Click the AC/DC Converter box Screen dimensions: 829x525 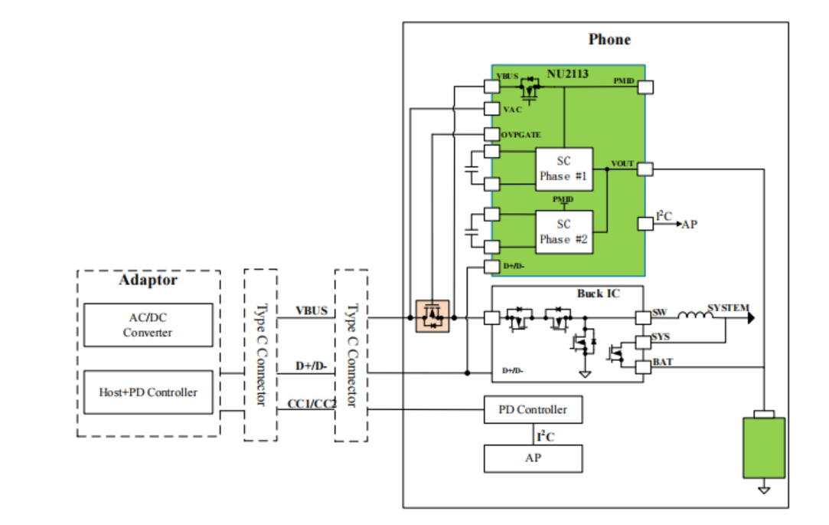148,325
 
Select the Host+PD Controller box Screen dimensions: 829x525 148,392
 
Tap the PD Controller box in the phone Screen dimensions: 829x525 533,409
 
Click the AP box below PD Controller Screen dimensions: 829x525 533,458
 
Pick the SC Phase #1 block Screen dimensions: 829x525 564,169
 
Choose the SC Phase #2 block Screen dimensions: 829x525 564,232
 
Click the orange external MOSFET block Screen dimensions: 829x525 432,317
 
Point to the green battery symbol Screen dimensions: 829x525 764,448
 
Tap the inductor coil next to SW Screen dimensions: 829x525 695,316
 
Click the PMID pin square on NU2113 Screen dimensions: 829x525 645,87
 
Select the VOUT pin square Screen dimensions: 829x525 645,169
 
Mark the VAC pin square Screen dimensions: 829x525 491,109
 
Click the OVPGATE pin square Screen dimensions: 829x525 491,134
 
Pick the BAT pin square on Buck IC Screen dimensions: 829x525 643,367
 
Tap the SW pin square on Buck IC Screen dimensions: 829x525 643,317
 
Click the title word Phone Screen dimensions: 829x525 609,40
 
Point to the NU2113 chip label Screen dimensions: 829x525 567,74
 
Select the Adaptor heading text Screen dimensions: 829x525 148,280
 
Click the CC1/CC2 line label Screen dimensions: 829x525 312,404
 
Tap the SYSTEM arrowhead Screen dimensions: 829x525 751,317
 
